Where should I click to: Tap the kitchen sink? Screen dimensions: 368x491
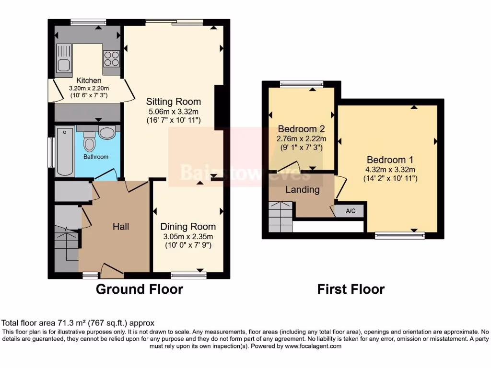(63, 58)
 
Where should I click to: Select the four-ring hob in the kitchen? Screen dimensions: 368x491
(111, 58)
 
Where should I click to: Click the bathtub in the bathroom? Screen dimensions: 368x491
(65, 151)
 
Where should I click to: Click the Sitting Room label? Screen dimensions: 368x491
(173, 102)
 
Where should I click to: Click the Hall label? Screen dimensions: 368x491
(121, 227)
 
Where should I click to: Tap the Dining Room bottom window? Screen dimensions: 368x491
(189, 275)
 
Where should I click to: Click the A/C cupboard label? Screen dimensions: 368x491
(351, 211)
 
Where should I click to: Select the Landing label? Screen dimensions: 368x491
(303, 190)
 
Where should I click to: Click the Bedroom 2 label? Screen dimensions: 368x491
(301, 129)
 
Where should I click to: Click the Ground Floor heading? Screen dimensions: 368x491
(140, 289)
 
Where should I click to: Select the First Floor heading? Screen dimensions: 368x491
(351, 289)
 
